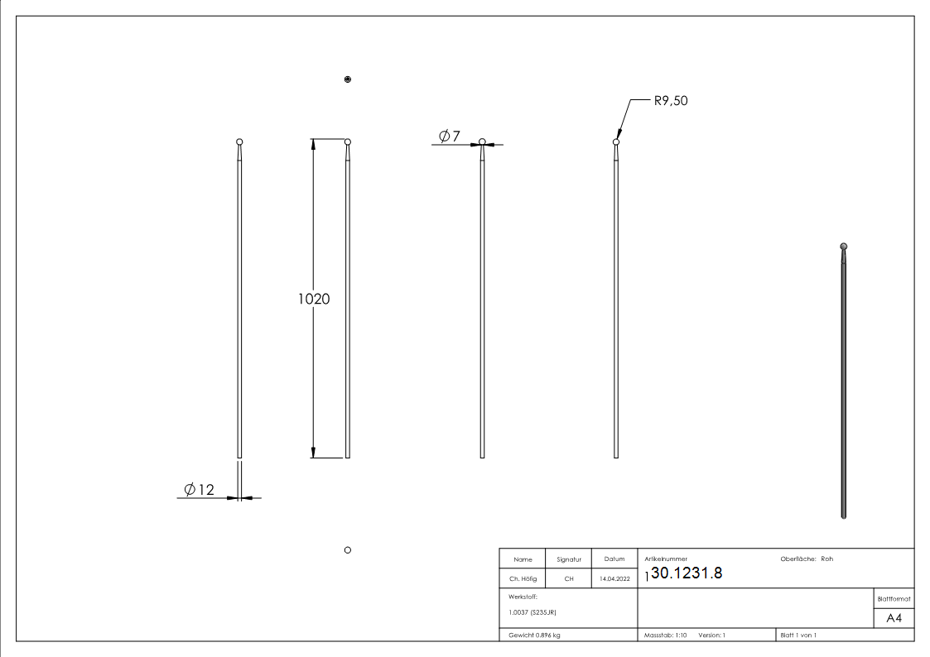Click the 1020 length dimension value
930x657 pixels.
(x=314, y=299)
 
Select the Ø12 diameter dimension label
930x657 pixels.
(x=199, y=490)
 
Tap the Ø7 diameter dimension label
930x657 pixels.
(x=450, y=136)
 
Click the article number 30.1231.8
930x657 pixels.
(x=687, y=573)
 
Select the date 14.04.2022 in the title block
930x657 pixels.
(x=614, y=579)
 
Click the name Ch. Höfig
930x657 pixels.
(x=523, y=579)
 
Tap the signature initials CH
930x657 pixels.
(x=568, y=579)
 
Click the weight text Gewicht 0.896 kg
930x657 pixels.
(x=534, y=635)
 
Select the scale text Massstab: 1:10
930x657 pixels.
(x=666, y=635)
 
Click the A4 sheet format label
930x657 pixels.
(x=894, y=618)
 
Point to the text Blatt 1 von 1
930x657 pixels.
(x=798, y=635)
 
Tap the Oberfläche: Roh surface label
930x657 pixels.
(x=807, y=559)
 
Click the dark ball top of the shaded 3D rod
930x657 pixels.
(x=843, y=246)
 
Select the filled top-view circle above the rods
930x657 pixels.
(x=348, y=79)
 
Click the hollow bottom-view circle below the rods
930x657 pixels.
(x=348, y=549)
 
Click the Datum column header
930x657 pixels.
(x=614, y=559)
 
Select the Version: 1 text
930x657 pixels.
(x=712, y=635)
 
